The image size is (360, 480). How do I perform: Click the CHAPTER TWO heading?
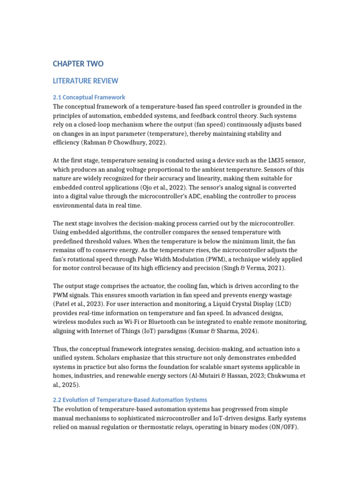pos(78,64)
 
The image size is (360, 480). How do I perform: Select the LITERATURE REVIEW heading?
pos(85,81)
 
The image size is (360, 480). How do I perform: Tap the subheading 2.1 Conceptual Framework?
pos(89,97)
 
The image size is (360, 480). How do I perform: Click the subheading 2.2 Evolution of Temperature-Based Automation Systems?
pos(130,400)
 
